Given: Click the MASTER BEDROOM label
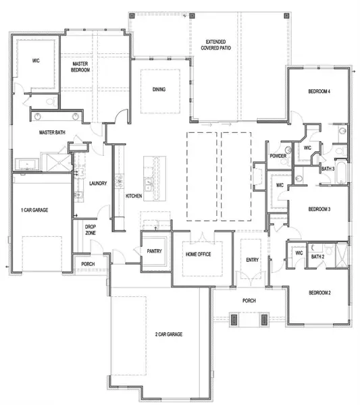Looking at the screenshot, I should tap(82, 66).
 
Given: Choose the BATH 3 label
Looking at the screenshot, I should tap(329, 169).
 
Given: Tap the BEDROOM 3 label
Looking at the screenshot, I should tap(319, 209).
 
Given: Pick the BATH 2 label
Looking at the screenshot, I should tap(317, 256).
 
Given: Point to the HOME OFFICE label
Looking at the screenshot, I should tap(200, 254).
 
